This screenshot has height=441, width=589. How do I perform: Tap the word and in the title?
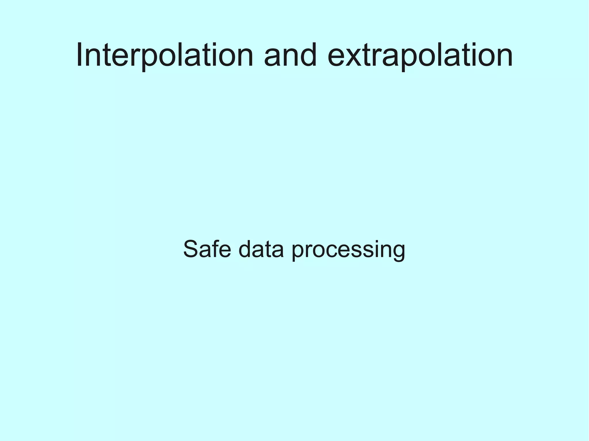pos(290,55)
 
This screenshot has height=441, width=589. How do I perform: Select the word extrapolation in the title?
pos(420,55)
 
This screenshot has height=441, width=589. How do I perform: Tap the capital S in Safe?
pos(191,249)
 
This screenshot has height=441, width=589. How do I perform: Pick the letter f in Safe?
pos(215,249)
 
